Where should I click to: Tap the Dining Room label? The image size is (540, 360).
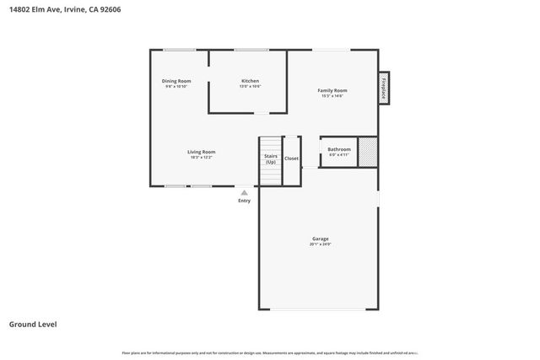[x=176, y=81]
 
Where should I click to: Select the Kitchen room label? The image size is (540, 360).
[x=250, y=81]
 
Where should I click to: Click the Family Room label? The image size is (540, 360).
[x=332, y=90]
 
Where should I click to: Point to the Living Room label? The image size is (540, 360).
[x=201, y=152]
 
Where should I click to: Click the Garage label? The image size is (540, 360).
[x=320, y=239]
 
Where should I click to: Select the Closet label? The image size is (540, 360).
[x=291, y=158]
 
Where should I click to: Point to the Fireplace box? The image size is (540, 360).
[x=384, y=88]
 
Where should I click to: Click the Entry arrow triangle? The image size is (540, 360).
[x=245, y=192]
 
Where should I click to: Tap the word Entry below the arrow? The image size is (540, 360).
[x=245, y=201]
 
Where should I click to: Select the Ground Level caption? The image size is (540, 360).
[x=33, y=324]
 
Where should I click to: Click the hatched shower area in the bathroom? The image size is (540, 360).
[x=367, y=152]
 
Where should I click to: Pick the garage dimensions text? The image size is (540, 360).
[x=320, y=244]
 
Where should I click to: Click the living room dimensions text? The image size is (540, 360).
[x=201, y=158]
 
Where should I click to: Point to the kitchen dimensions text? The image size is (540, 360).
[x=250, y=86]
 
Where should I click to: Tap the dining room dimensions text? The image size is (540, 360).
[x=176, y=86]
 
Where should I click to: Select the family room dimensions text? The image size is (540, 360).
[x=332, y=95]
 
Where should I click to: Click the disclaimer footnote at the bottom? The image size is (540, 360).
[x=270, y=352]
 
